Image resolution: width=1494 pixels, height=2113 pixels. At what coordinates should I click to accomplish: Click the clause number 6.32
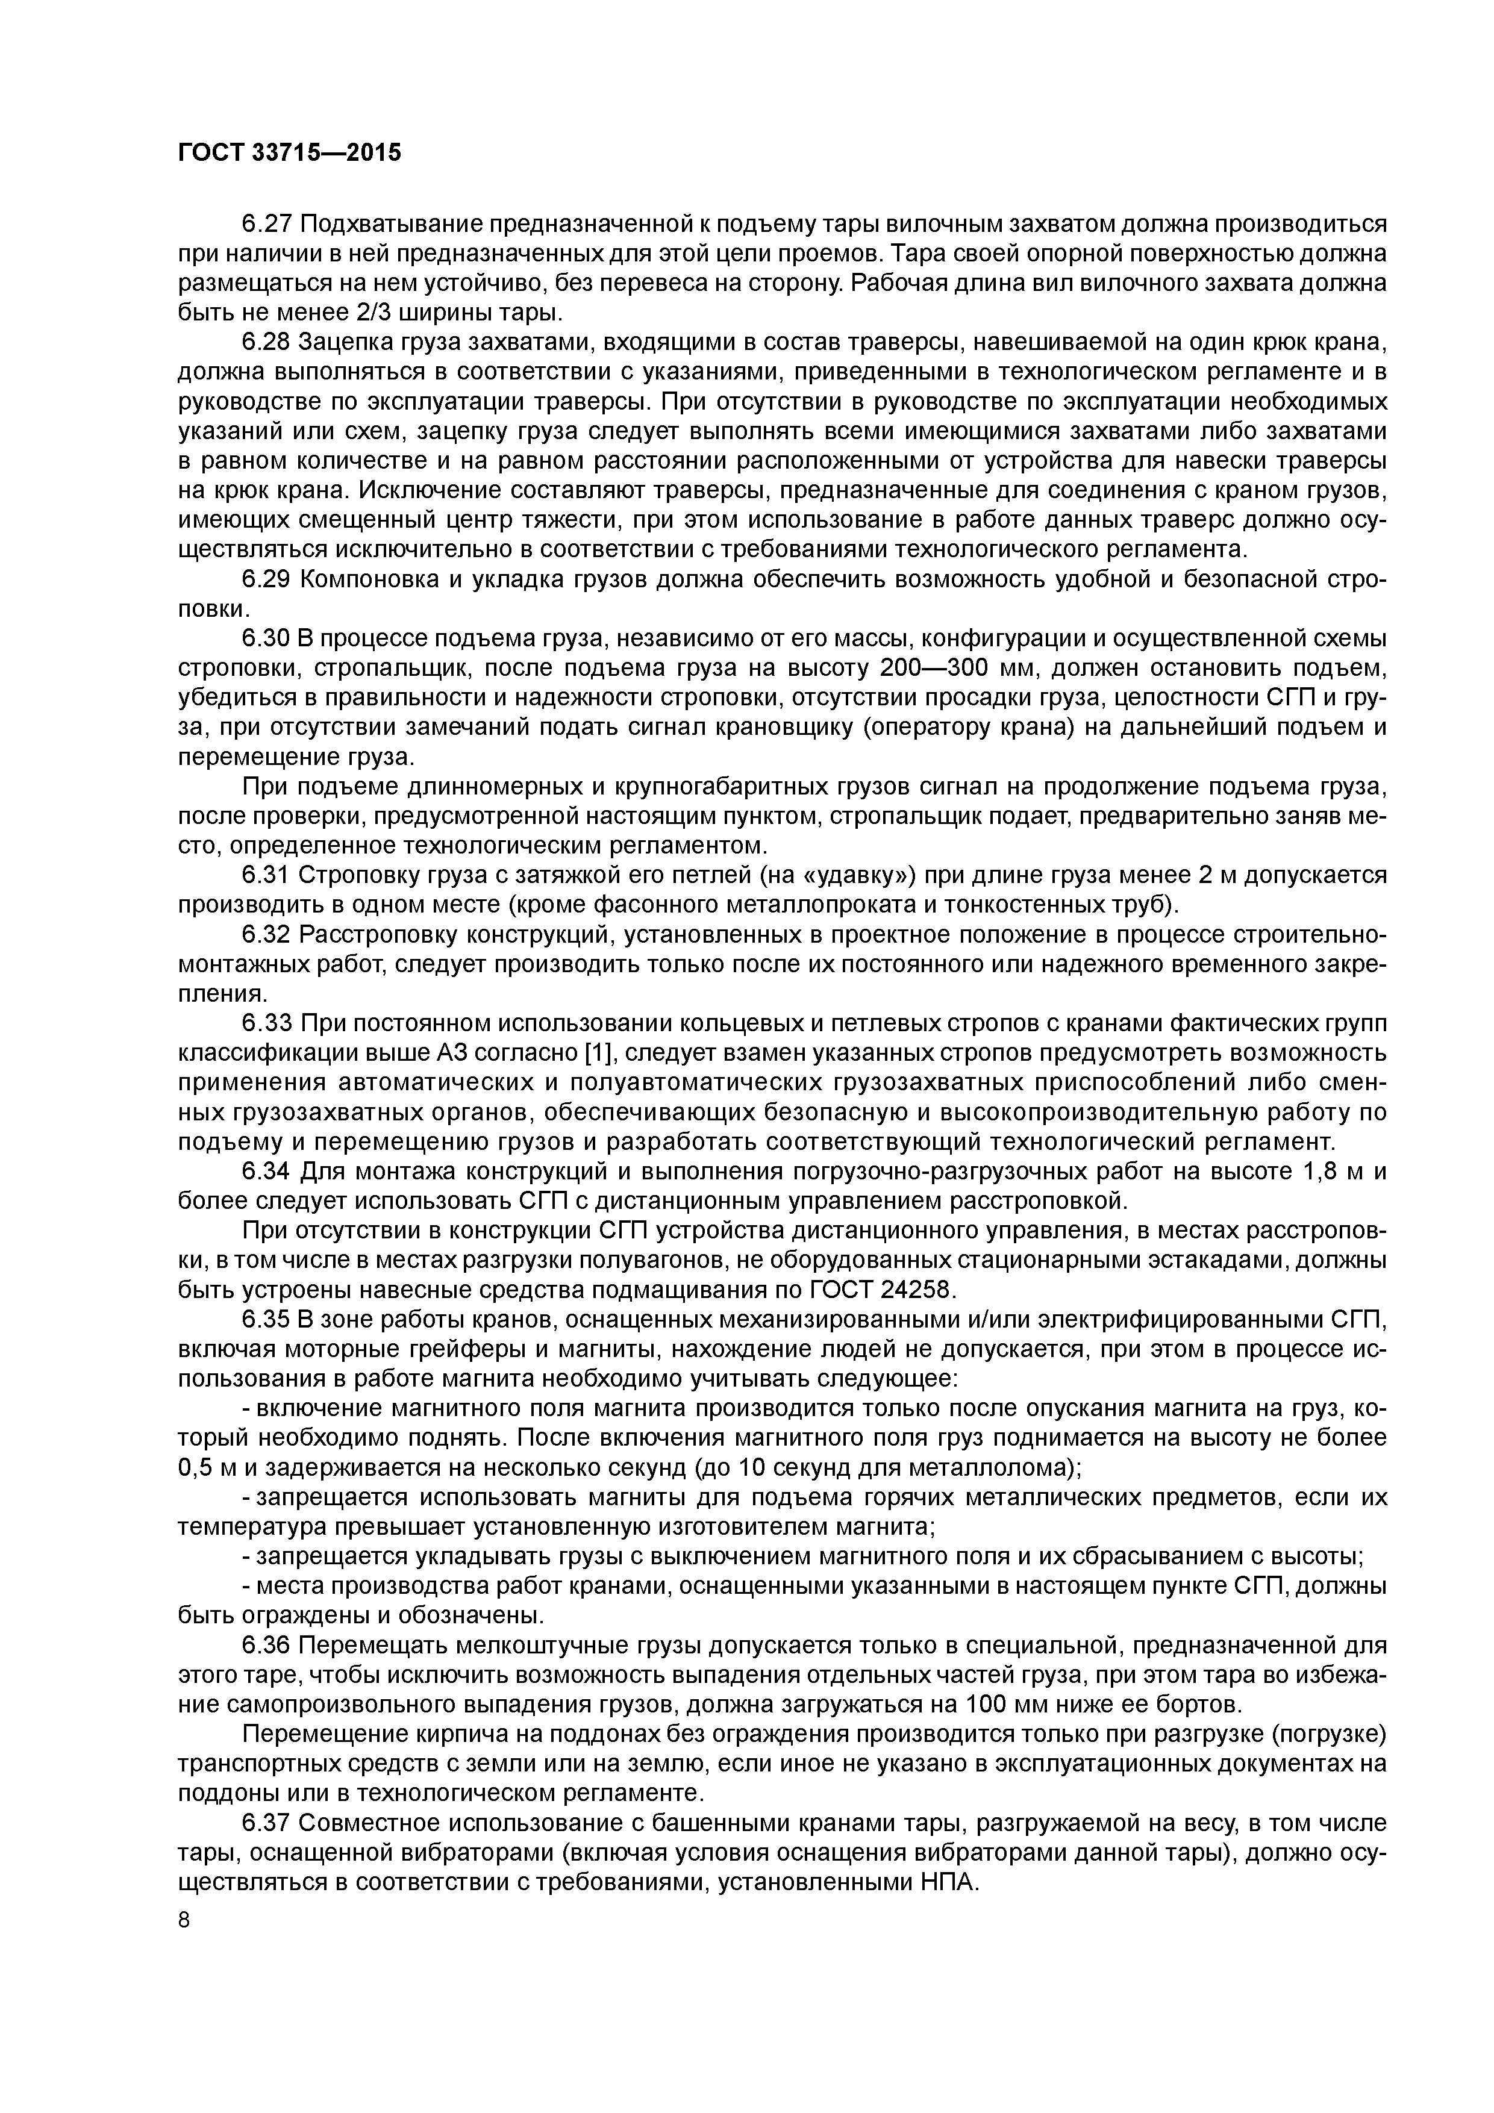266,935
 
